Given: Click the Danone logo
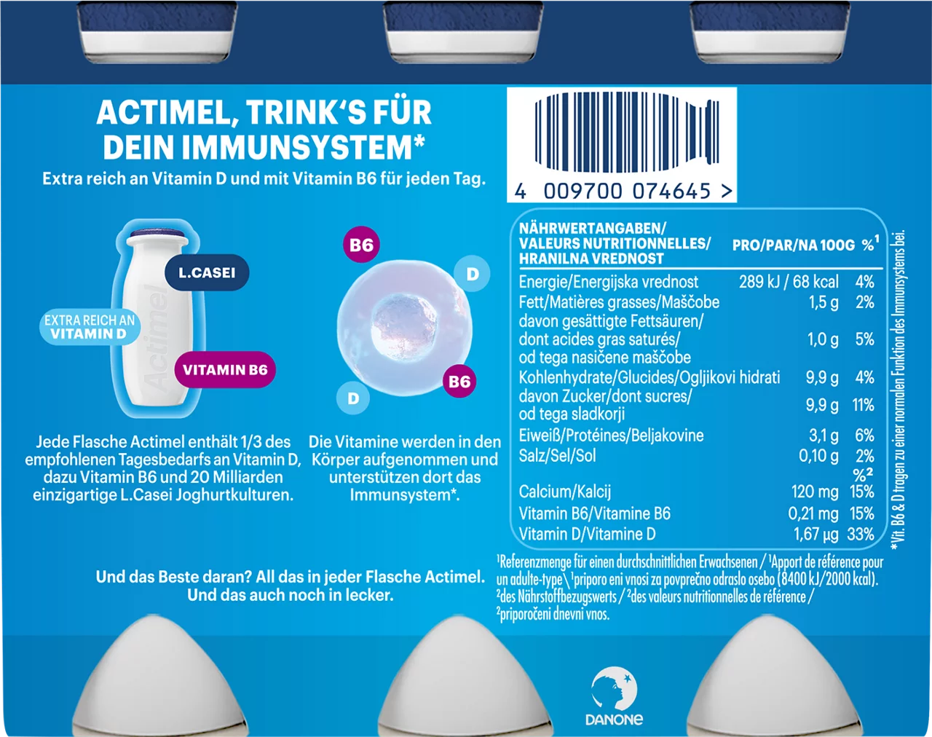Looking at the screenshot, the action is pyautogui.click(x=614, y=698).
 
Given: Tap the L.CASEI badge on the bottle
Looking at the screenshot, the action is pyautogui.click(x=207, y=272).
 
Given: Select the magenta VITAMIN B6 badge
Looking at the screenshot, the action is pyautogui.click(x=225, y=369).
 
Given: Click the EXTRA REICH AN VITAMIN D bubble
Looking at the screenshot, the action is pyautogui.click(x=90, y=327).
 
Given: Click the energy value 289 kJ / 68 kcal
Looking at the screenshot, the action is pyautogui.click(x=789, y=282).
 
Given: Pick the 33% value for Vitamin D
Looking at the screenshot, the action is pyautogui.click(x=861, y=535).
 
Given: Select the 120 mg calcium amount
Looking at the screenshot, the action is pyautogui.click(x=815, y=492).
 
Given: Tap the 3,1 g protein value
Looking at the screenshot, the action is pyautogui.click(x=824, y=435).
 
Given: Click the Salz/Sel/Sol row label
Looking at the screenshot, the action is pyautogui.click(x=558, y=456).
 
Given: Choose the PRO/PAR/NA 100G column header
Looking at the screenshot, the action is pyautogui.click(x=794, y=245).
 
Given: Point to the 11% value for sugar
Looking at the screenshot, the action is pyautogui.click(x=863, y=405).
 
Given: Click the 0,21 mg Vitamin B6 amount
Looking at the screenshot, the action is pyautogui.click(x=813, y=514).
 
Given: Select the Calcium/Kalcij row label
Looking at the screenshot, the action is pyautogui.click(x=565, y=492).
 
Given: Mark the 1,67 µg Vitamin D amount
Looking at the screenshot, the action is pyautogui.click(x=816, y=535).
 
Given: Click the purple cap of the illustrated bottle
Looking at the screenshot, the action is pyautogui.click(x=159, y=234).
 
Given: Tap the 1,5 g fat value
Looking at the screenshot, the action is pyautogui.click(x=824, y=302).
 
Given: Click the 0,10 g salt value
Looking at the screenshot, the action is pyautogui.click(x=818, y=456).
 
